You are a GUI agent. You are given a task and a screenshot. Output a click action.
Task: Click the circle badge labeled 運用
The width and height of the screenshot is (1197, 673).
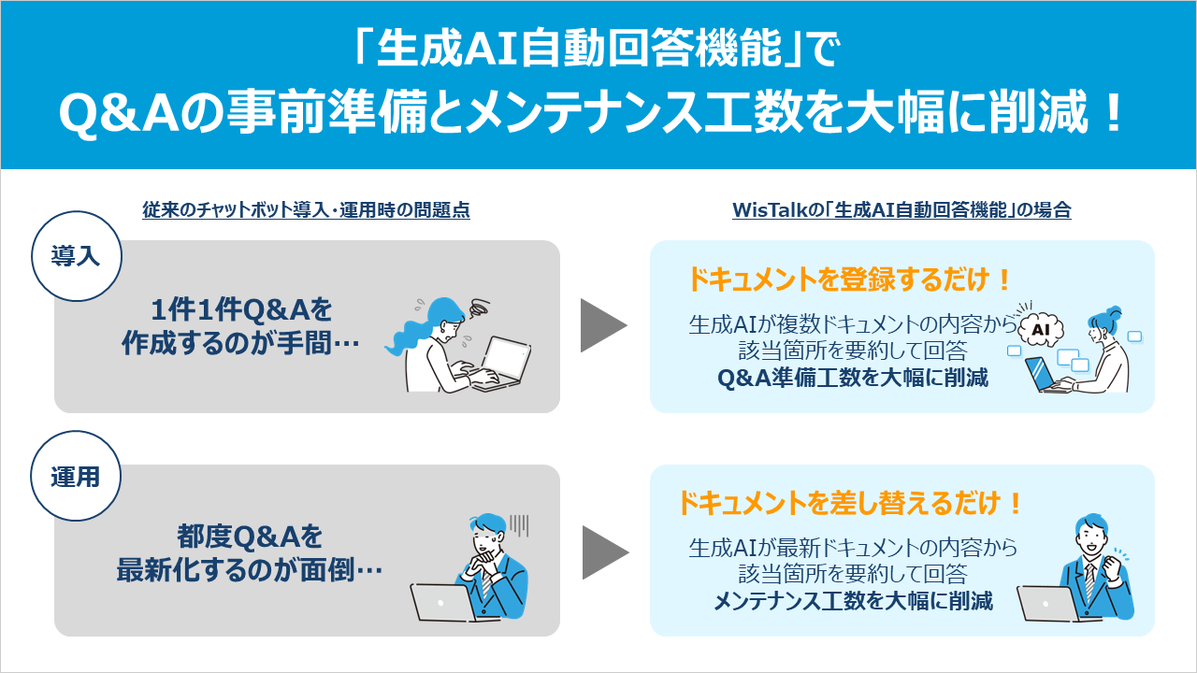point(75,476)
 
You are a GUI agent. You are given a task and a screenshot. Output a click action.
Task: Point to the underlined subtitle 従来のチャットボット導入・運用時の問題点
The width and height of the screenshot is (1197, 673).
point(306,210)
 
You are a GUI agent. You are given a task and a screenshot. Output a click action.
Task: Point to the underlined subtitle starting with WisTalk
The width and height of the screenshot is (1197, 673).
point(901,210)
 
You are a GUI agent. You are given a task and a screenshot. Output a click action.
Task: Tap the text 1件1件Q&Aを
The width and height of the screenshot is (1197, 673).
point(241,309)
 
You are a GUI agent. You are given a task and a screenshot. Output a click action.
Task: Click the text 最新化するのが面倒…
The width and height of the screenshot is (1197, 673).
point(250,569)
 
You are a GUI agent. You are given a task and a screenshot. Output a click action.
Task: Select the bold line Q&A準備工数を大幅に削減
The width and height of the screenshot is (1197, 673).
point(852,379)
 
